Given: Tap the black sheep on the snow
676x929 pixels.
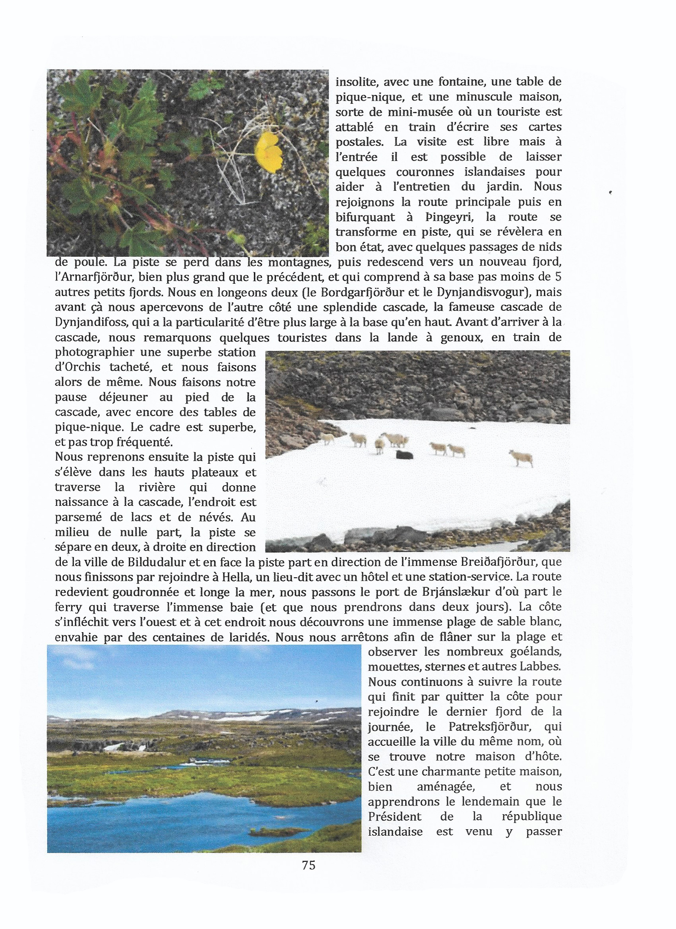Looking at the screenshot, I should coord(404,455).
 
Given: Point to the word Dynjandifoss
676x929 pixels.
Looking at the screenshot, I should coord(91,323).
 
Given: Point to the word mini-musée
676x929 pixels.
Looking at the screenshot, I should coord(404,112).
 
